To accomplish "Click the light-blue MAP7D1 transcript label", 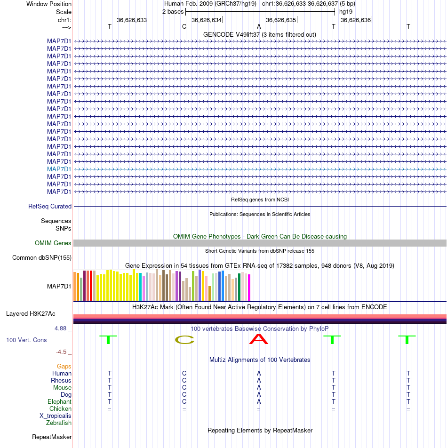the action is click(x=59, y=169).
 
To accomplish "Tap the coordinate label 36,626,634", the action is click(x=207, y=20).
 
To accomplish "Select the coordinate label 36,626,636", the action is click(x=356, y=20).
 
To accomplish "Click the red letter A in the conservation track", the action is click(x=258, y=339).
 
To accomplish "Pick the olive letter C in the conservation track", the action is click(x=184, y=340).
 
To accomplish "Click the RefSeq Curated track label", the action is click(x=50, y=206).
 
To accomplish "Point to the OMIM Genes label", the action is click(x=53, y=243).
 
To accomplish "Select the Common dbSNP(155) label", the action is click(x=42, y=258).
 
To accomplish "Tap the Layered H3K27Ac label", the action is click(x=31, y=314).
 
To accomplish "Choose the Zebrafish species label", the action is click(x=58, y=423).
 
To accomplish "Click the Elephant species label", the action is click(x=59, y=402).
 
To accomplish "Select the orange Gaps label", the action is click(x=64, y=366).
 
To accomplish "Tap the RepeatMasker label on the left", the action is click(x=52, y=437).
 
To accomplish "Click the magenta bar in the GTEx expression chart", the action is click(x=249, y=288).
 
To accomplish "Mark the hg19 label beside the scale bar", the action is click(x=346, y=12).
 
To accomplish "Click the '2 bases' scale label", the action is click(x=173, y=12).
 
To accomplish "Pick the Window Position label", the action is click(x=49, y=4).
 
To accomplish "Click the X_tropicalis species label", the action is click(x=56, y=416).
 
